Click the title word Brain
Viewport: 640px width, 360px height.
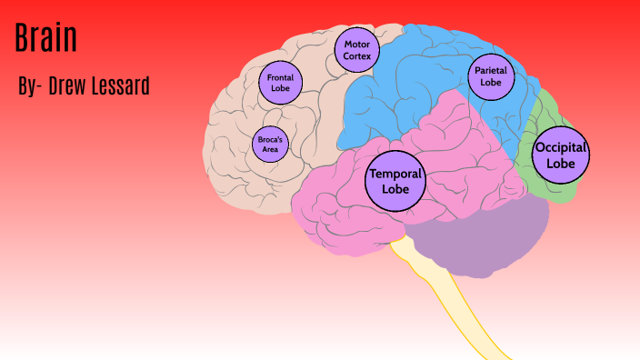point(46,39)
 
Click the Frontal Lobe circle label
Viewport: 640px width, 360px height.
point(280,83)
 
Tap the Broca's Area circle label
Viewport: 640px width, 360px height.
point(270,144)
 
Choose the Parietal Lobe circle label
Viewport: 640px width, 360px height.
point(491,76)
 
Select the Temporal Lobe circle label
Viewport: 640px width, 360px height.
point(395,181)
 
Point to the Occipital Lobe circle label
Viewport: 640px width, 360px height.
point(561,155)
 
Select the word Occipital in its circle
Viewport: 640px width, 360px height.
point(561,147)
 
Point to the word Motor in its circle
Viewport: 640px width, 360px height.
point(355,44)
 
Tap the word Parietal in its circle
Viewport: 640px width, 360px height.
point(491,70)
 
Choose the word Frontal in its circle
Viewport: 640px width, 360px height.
point(280,77)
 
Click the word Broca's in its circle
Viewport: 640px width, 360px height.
point(270,139)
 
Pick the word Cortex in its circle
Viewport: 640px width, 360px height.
point(355,55)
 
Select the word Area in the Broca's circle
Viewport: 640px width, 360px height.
point(270,149)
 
